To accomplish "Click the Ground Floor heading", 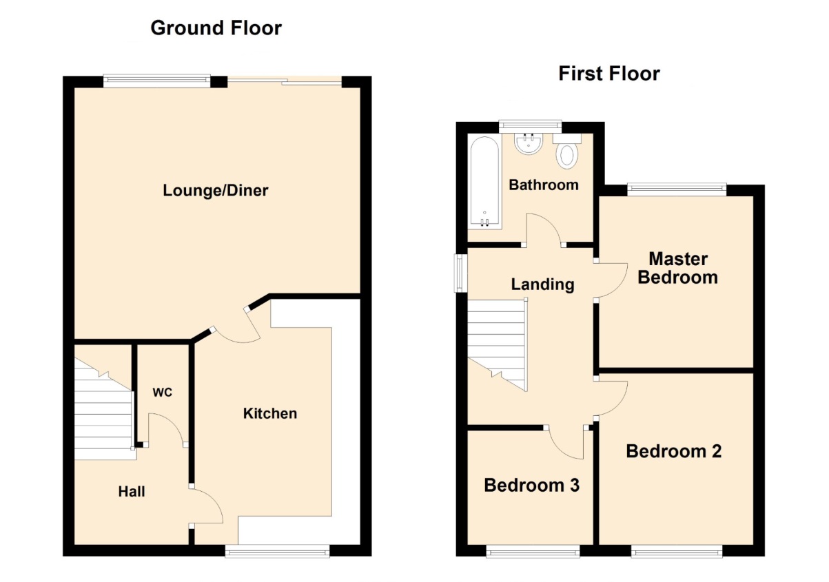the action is pyautogui.click(x=216, y=28).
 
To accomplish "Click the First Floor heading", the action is pyautogui.click(x=609, y=74).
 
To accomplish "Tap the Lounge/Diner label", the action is pyautogui.click(x=216, y=191).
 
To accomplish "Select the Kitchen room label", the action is pyautogui.click(x=270, y=413).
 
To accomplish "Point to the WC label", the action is pyautogui.click(x=163, y=392).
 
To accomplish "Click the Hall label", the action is pyautogui.click(x=132, y=491).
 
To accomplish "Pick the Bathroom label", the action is pyautogui.click(x=544, y=185).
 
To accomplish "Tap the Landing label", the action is pyautogui.click(x=542, y=284).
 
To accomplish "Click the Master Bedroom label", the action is pyautogui.click(x=677, y=268).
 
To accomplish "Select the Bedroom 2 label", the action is pyautogui.click(x=673, y=451).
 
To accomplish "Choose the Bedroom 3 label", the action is pyautogui.click(x=531, y=485).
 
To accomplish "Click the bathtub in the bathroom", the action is pyautogui.click(x=485, y=182).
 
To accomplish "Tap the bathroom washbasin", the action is pyautogui.click(x=529, y=143).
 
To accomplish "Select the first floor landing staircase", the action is pyautogui.click(x=498, y=345).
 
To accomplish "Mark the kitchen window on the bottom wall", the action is pyautogui.click(x=278, y=550).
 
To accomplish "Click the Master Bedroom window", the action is pyautogui.click(x=677, y=190).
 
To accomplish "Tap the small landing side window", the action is pyautogui.click(x=461, y=273).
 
